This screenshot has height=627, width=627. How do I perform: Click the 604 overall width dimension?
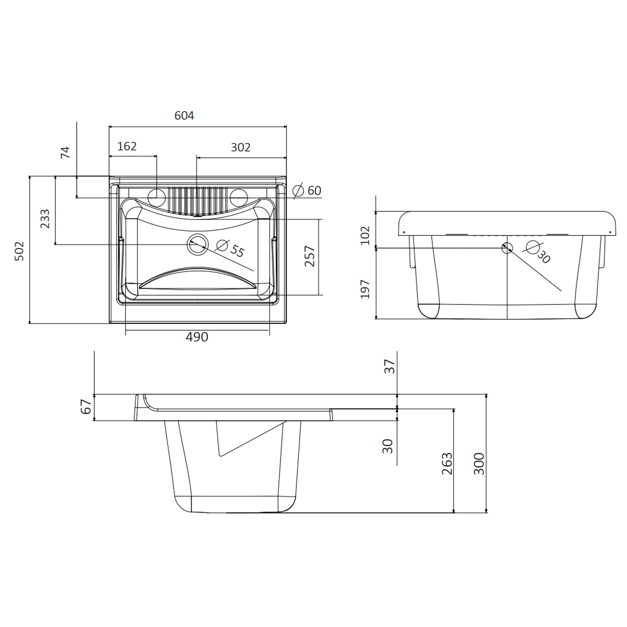[x=184, y=115]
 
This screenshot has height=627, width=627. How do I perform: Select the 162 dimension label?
[x=127, y=146]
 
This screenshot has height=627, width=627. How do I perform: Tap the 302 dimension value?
[x=240, y=147]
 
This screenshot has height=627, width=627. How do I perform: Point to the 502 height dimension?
[x=20, y=251]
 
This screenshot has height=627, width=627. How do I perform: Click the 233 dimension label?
[x=45, y=219]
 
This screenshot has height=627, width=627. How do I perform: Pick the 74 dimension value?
[x=66, y=153]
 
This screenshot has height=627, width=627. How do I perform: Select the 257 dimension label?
[x=310, y=257]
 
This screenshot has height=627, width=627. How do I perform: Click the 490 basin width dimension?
[x=197, y=337]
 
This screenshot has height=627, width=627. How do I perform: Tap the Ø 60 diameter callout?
[x=307, y=191]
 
